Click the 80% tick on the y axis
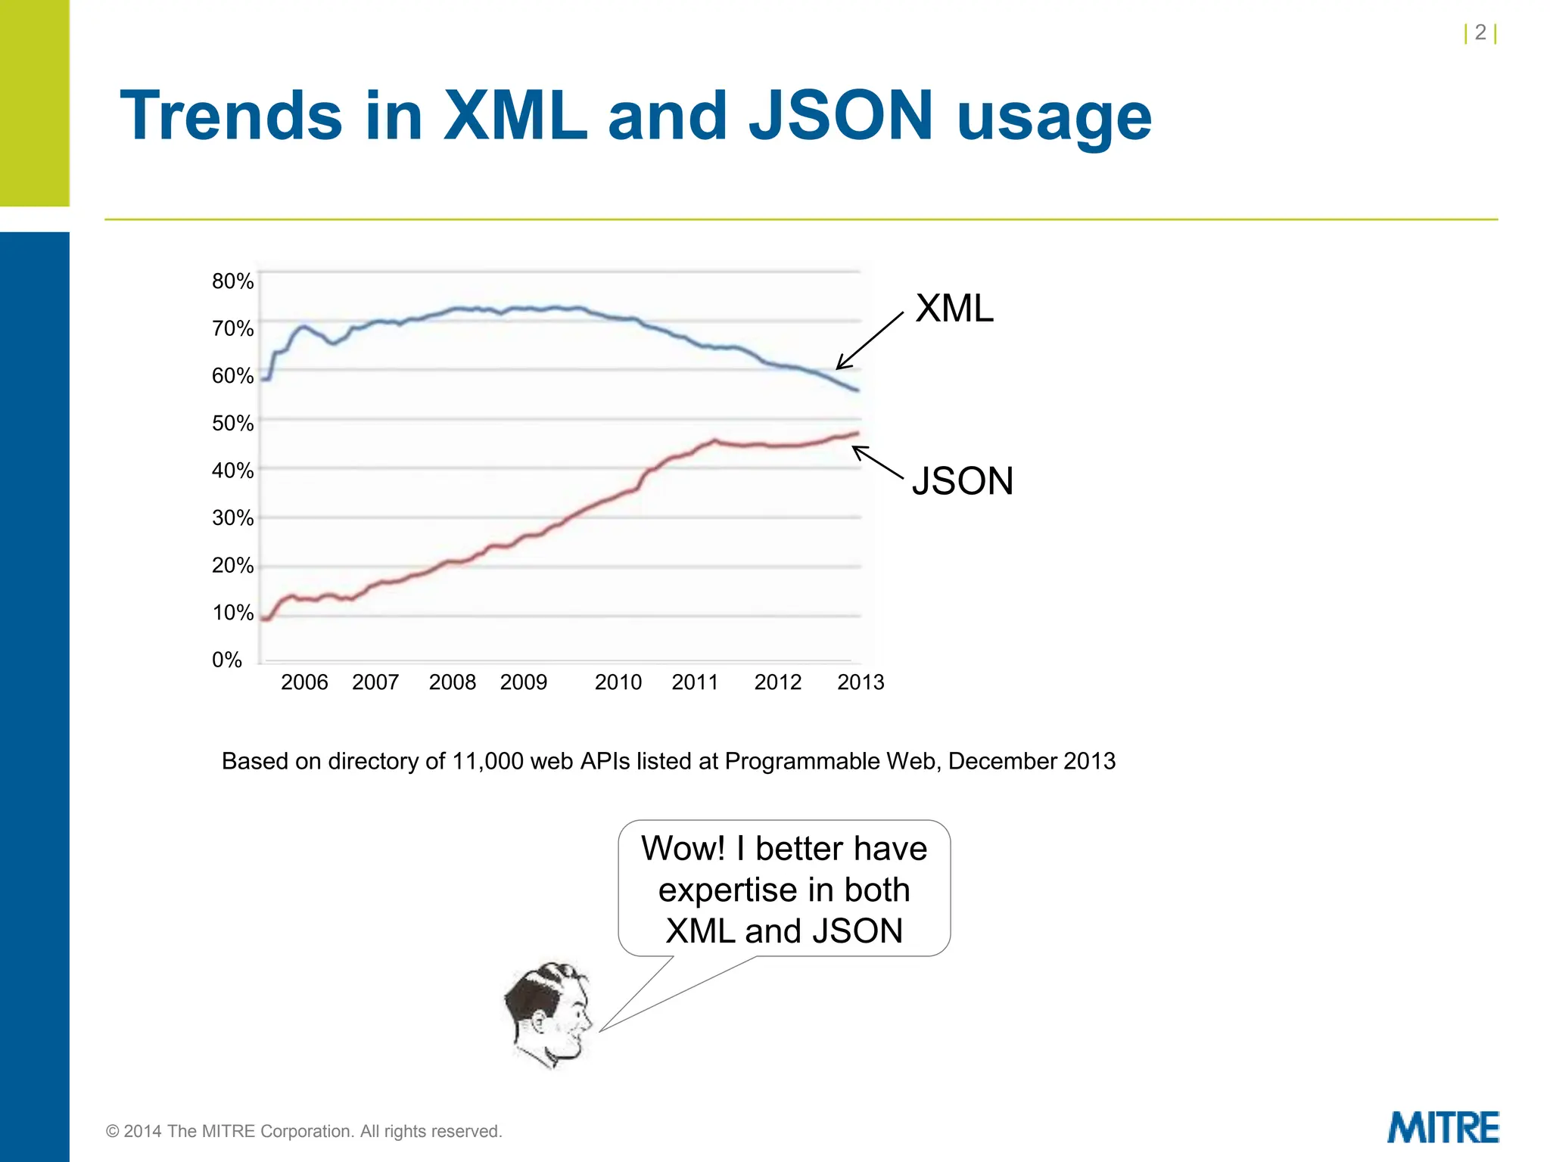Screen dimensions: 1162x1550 tap(232, 281)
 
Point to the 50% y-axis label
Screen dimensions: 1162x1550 tap(232, 423)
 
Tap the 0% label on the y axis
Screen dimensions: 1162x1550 tap(226, 660)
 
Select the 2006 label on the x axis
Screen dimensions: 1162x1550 tap(304, 682)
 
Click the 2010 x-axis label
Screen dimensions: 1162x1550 tap(618, 682)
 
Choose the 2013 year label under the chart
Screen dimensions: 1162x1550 tap(861, 682)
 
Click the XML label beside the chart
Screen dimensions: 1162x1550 tap(954, 309)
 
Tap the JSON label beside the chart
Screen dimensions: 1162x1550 tap(962, 481)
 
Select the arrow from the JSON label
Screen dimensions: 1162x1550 tap(878, 462)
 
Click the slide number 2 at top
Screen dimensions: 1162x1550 tap(1480, 33)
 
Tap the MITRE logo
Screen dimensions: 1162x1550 tap(1443, 1128)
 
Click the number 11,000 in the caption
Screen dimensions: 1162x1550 tap(487, 761)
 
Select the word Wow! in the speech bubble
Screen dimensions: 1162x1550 tap(683, 848)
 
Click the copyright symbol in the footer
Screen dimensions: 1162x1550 tap(113, 1132)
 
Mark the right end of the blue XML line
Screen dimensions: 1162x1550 tap(857, 390)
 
